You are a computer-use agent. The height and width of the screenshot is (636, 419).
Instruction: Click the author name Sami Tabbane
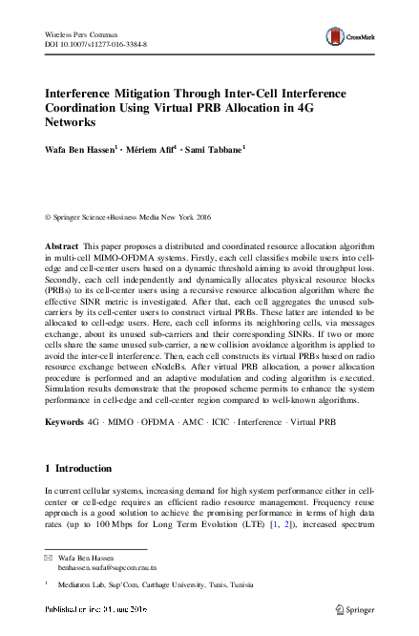[216, 150]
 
